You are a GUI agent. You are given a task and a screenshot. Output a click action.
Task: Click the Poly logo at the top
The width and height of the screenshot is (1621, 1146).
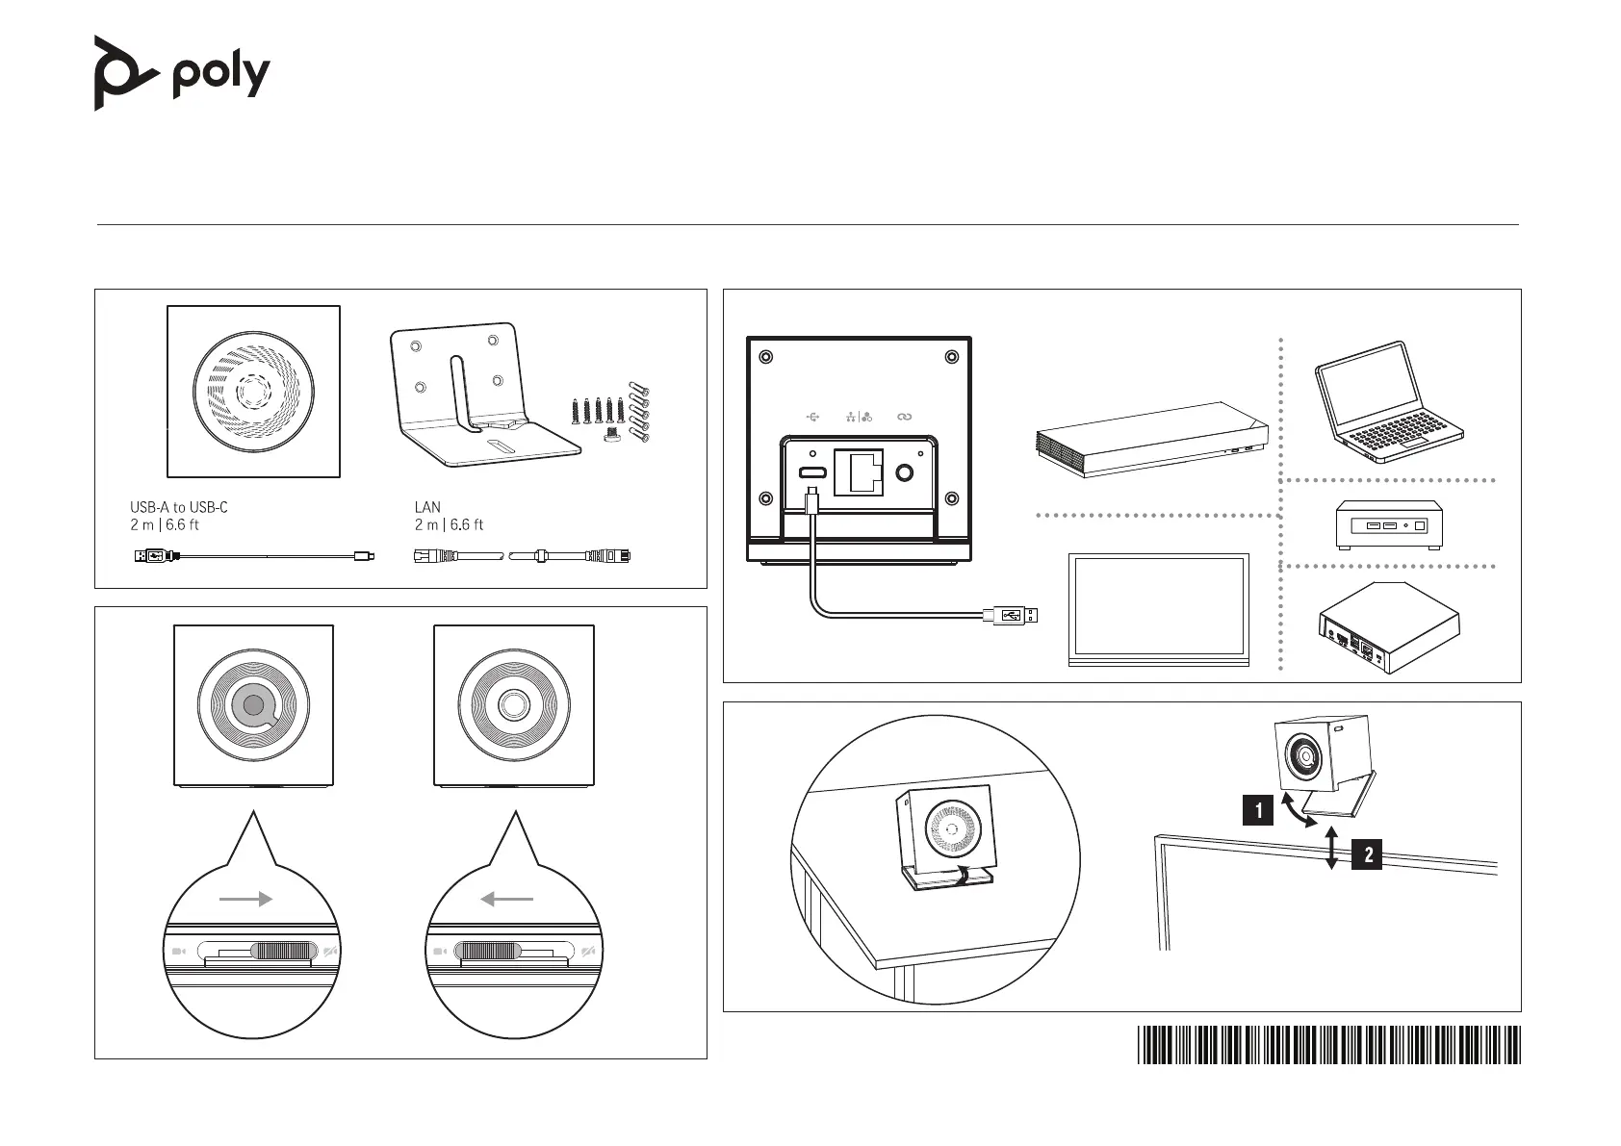pyautogui.click(x=181, y=73)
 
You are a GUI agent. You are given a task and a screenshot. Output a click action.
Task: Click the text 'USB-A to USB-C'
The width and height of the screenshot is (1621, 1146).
pyautogui.click(x=179, y=507)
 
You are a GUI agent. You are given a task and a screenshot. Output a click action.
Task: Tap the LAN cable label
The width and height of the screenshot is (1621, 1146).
pyautogui.click(x=427, y=507)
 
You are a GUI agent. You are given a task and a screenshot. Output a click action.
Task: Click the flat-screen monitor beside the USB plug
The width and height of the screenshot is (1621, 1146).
pyautogui.click(x=1159, y=609)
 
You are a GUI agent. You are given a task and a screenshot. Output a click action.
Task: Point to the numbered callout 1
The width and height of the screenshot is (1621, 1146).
pyautogui.click(x=1257, y=810)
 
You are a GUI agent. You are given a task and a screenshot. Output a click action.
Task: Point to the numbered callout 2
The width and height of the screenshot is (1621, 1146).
pyautogui.click(x=1367, y=854)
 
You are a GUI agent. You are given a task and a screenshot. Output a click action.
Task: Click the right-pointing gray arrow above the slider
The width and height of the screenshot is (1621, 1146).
pyautogui.click(x=246, y=900)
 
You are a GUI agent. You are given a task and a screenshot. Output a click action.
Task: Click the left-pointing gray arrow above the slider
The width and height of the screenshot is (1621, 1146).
pyautogui.click(x=506, y=900)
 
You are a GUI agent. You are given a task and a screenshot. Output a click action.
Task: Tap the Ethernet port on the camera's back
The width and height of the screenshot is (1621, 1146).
pyautogui.click(x=858, y=472)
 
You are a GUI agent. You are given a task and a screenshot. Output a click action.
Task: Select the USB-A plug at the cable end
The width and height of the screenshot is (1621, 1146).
pyautogui.click(x=1011, y=615)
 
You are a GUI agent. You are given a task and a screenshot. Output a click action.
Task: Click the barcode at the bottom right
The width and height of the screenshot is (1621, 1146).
pyautogui.click(x=1328, y=1045)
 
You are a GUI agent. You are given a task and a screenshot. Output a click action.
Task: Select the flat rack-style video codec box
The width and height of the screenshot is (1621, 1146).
pyautogui.click(x=1150, y=438)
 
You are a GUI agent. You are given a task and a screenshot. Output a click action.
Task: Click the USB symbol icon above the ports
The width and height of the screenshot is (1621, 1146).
pyautogui.click(x=813, y=417)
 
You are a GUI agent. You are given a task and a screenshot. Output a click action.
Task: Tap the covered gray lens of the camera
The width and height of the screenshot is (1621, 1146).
pyautogui.click(x=252, y=705)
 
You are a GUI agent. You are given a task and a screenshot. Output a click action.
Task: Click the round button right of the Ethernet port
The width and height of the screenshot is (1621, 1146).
pyautogui.click(x=905, y=472)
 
